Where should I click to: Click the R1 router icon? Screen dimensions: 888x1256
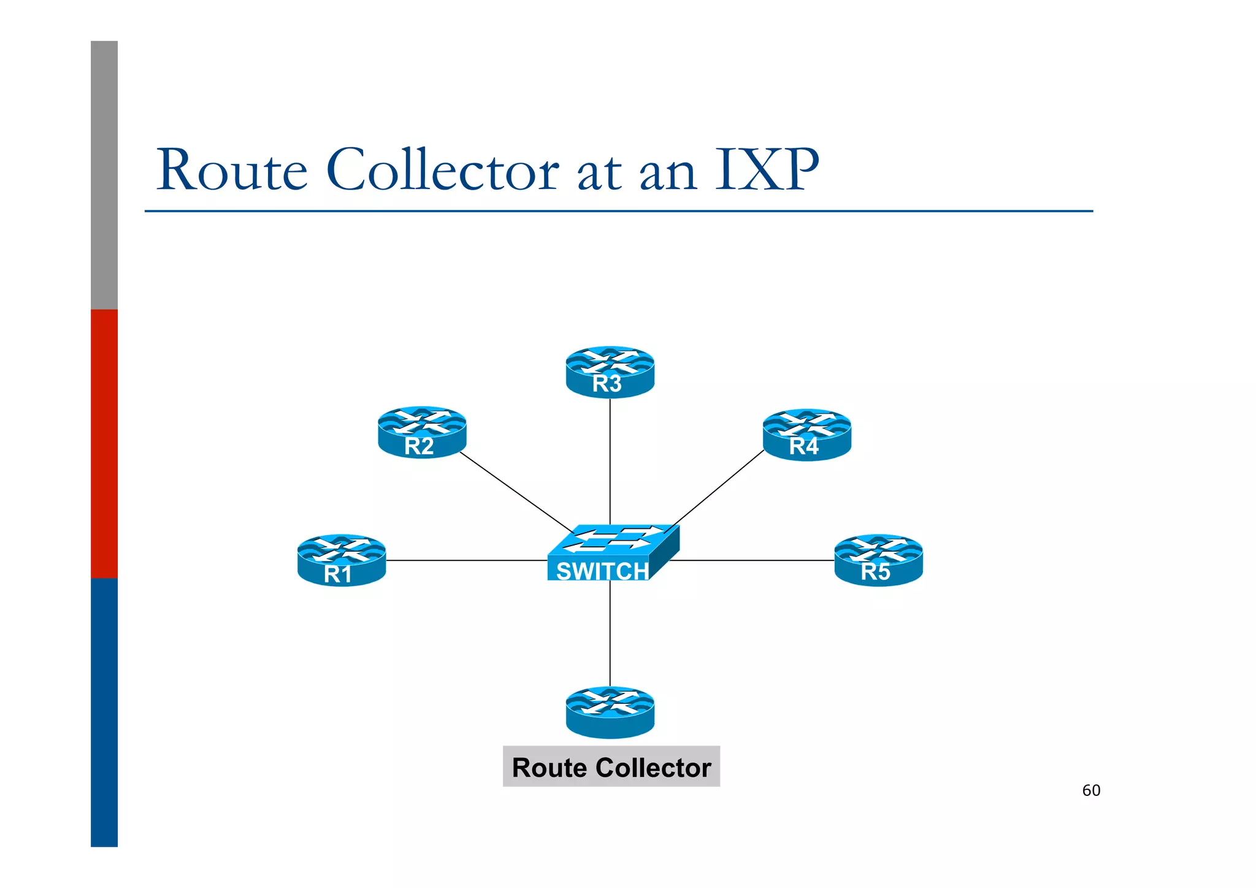342,560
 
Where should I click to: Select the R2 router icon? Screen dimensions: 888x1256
422,432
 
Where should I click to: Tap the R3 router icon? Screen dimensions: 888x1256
610,372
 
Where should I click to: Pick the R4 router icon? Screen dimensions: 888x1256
806,434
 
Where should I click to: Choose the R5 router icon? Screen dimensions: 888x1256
878,560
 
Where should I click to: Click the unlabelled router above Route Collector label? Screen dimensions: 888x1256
610,712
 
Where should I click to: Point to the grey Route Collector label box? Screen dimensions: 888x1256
611,766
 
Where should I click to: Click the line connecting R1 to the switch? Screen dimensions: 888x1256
466,560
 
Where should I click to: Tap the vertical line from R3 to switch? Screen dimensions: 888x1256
610,460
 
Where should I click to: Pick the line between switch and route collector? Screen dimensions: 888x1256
610,632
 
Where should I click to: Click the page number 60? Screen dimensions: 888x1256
1091,790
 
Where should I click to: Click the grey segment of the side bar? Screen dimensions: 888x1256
104,175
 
